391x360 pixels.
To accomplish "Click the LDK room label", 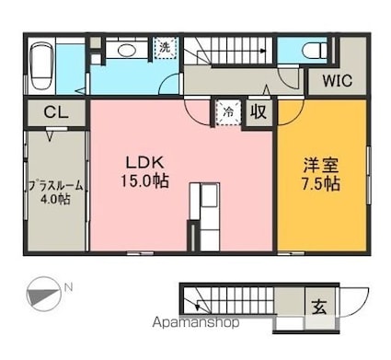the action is pyautogui.click(x=145, y=163).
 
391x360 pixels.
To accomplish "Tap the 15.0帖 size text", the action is pyautogui.click(x=144, y=180).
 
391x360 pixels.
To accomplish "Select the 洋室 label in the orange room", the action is pyautogui.click(x=321, y=165).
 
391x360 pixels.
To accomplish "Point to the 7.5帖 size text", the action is pyautogui.click(x=321, y=183).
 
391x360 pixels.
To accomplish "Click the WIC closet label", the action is pyautogui.click(x=337, y=81).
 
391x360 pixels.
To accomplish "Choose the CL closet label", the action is pyautogui.click(x=56, y=112).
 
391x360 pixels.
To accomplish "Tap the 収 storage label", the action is pyautogui.click(x=259, y=112).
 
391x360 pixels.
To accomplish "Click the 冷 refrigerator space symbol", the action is pyautogui.click(x=228, y=112).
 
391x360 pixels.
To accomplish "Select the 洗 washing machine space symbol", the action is pyautogui.click(x=166, y=48).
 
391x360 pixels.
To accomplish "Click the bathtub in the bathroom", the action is pyautogui.click(x=41, y=66).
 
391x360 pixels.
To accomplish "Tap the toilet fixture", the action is pyautogui.click(x=315, y=50).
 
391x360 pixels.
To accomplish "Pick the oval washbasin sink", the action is pyautogui.click(x=125, y=50).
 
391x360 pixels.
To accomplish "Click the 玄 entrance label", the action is pyautogui.click(x=319, y=308).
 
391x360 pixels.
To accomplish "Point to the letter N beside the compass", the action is pyautogui.click(x=68, y=288).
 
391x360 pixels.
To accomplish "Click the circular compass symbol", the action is pyautogui.click(x=42, y=294).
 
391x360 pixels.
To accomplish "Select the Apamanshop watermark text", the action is pyautogui.click(x=196, y=322).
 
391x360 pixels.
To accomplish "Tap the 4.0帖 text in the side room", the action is pyautogui.click(x=55, y=200).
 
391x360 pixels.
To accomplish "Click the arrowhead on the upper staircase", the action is pyautogui.click(x=262, y=51).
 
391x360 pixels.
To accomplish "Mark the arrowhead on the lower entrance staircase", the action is pyautogui.click(x=198, y=306).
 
